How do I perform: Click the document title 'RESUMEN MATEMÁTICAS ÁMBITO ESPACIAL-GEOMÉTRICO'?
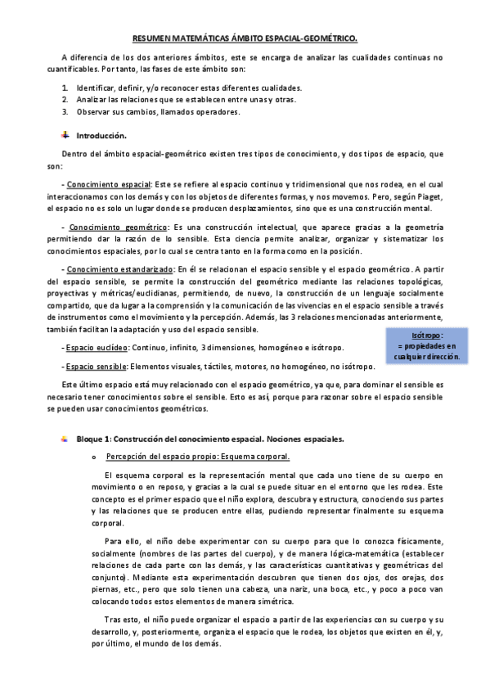coord(245,38)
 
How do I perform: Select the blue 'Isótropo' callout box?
coord(425,345)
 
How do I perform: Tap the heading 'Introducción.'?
coord(101,134)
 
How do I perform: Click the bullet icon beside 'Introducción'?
coord(66,133)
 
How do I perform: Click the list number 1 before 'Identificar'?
coord(65,88)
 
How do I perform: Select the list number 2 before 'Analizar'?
coord(65,100)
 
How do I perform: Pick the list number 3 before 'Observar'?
coord(65,112)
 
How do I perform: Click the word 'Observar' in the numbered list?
coord(93,112)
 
